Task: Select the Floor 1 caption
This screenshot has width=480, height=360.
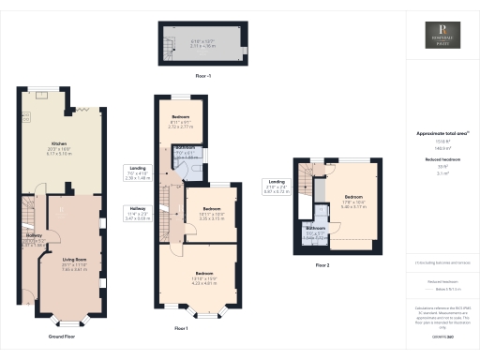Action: click(x=181, y=328)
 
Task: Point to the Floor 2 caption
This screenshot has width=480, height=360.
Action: click(x=322, y=264)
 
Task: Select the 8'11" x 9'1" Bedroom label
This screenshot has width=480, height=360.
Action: click(x=180, y=121)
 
